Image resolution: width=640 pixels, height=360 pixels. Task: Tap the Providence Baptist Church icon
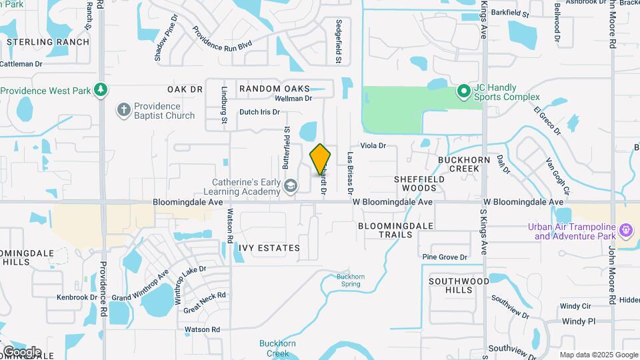point(123,110)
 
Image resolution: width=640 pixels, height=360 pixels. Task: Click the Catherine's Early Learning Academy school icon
point(290,185)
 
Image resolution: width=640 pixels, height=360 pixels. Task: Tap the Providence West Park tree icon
point(101,89)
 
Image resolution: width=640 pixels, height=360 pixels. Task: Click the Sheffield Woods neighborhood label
point(419,183)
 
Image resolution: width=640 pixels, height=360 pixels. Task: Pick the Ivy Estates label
point(269,248)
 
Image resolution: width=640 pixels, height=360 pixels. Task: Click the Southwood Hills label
point(459,285)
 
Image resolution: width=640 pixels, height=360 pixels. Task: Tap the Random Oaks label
point(274,89)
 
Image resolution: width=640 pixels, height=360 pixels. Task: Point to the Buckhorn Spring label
point(349,280)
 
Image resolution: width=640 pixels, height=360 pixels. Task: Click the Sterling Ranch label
point(48,42)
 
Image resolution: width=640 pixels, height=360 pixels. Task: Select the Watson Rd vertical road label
point(229,226)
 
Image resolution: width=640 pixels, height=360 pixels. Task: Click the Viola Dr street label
point(373,145)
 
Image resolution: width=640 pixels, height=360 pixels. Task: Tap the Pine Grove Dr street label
point(445,257)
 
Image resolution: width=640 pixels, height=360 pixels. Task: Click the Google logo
point(22,351)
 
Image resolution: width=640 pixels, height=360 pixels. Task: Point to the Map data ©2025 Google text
point(598,355)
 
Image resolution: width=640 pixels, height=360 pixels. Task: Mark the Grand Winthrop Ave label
point(141,288)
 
